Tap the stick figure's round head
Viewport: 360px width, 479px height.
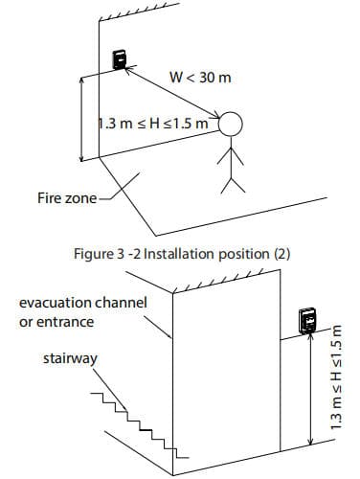click(232, 125)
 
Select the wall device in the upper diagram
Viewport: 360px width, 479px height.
click(120, 58)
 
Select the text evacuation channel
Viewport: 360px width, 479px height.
click(82, 303)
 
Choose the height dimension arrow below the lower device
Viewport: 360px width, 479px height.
click(308, 393)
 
